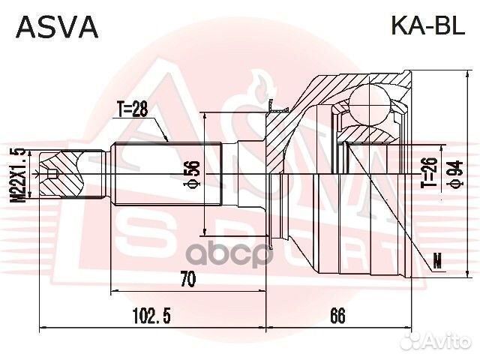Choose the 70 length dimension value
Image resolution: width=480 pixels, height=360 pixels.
click(x=187, y=279)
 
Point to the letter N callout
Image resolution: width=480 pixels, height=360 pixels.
click(x=438, y=262)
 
